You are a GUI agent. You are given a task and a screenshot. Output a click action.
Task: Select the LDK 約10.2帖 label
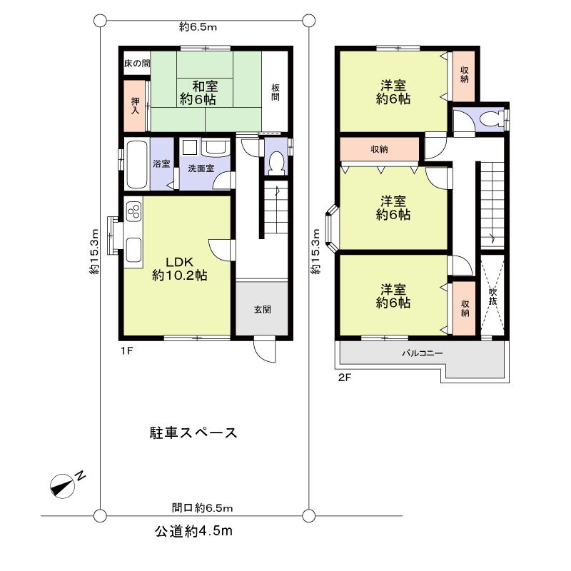point(179,268)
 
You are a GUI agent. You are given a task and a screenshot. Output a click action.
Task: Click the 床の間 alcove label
point(136,64)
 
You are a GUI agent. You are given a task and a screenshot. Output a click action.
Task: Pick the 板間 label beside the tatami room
point(276,92)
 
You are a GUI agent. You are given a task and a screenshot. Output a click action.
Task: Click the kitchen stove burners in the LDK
point(133,212)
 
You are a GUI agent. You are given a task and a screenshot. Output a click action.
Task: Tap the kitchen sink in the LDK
point(133,250)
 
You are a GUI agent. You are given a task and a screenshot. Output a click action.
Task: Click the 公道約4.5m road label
point(194,531)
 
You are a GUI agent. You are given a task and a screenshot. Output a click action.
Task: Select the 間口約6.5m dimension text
point(203,507)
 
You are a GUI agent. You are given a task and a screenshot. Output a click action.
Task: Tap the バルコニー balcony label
point(422,353)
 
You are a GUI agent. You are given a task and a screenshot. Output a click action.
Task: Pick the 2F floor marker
point(345,378)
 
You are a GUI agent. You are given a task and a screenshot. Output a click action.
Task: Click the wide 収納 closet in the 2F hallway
point(379,149)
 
